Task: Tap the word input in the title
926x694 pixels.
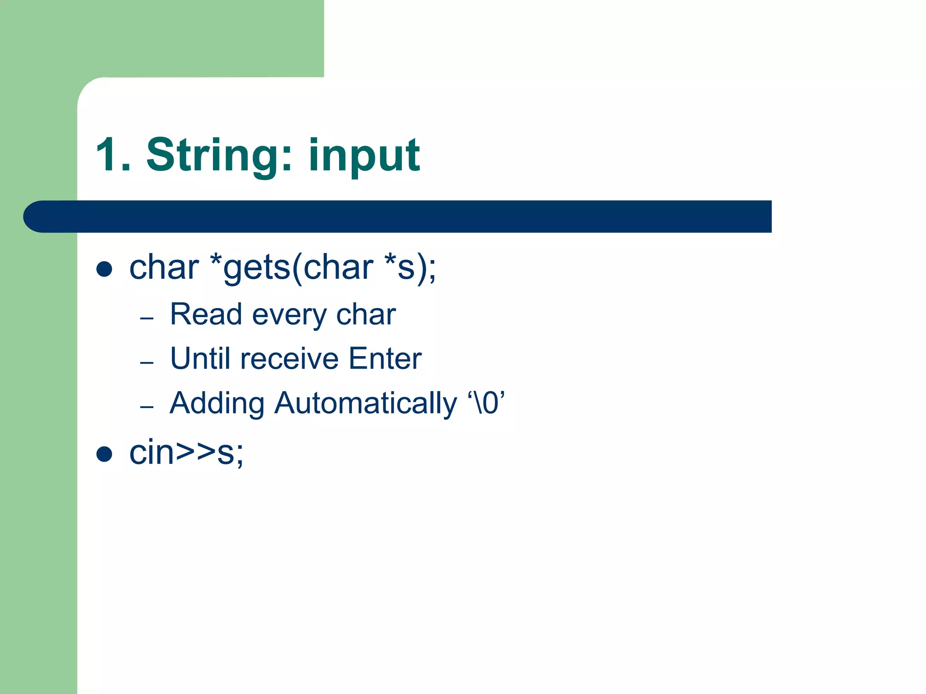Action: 364,156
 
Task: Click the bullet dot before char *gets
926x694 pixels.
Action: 104,269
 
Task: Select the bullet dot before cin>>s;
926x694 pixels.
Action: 104,454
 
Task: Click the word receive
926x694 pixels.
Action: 289,359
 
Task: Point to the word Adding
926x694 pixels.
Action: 217,403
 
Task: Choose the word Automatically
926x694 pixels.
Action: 365,403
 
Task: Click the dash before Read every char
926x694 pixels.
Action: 147,319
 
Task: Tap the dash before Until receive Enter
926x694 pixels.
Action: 147,363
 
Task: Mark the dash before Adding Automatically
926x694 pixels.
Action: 147,407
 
